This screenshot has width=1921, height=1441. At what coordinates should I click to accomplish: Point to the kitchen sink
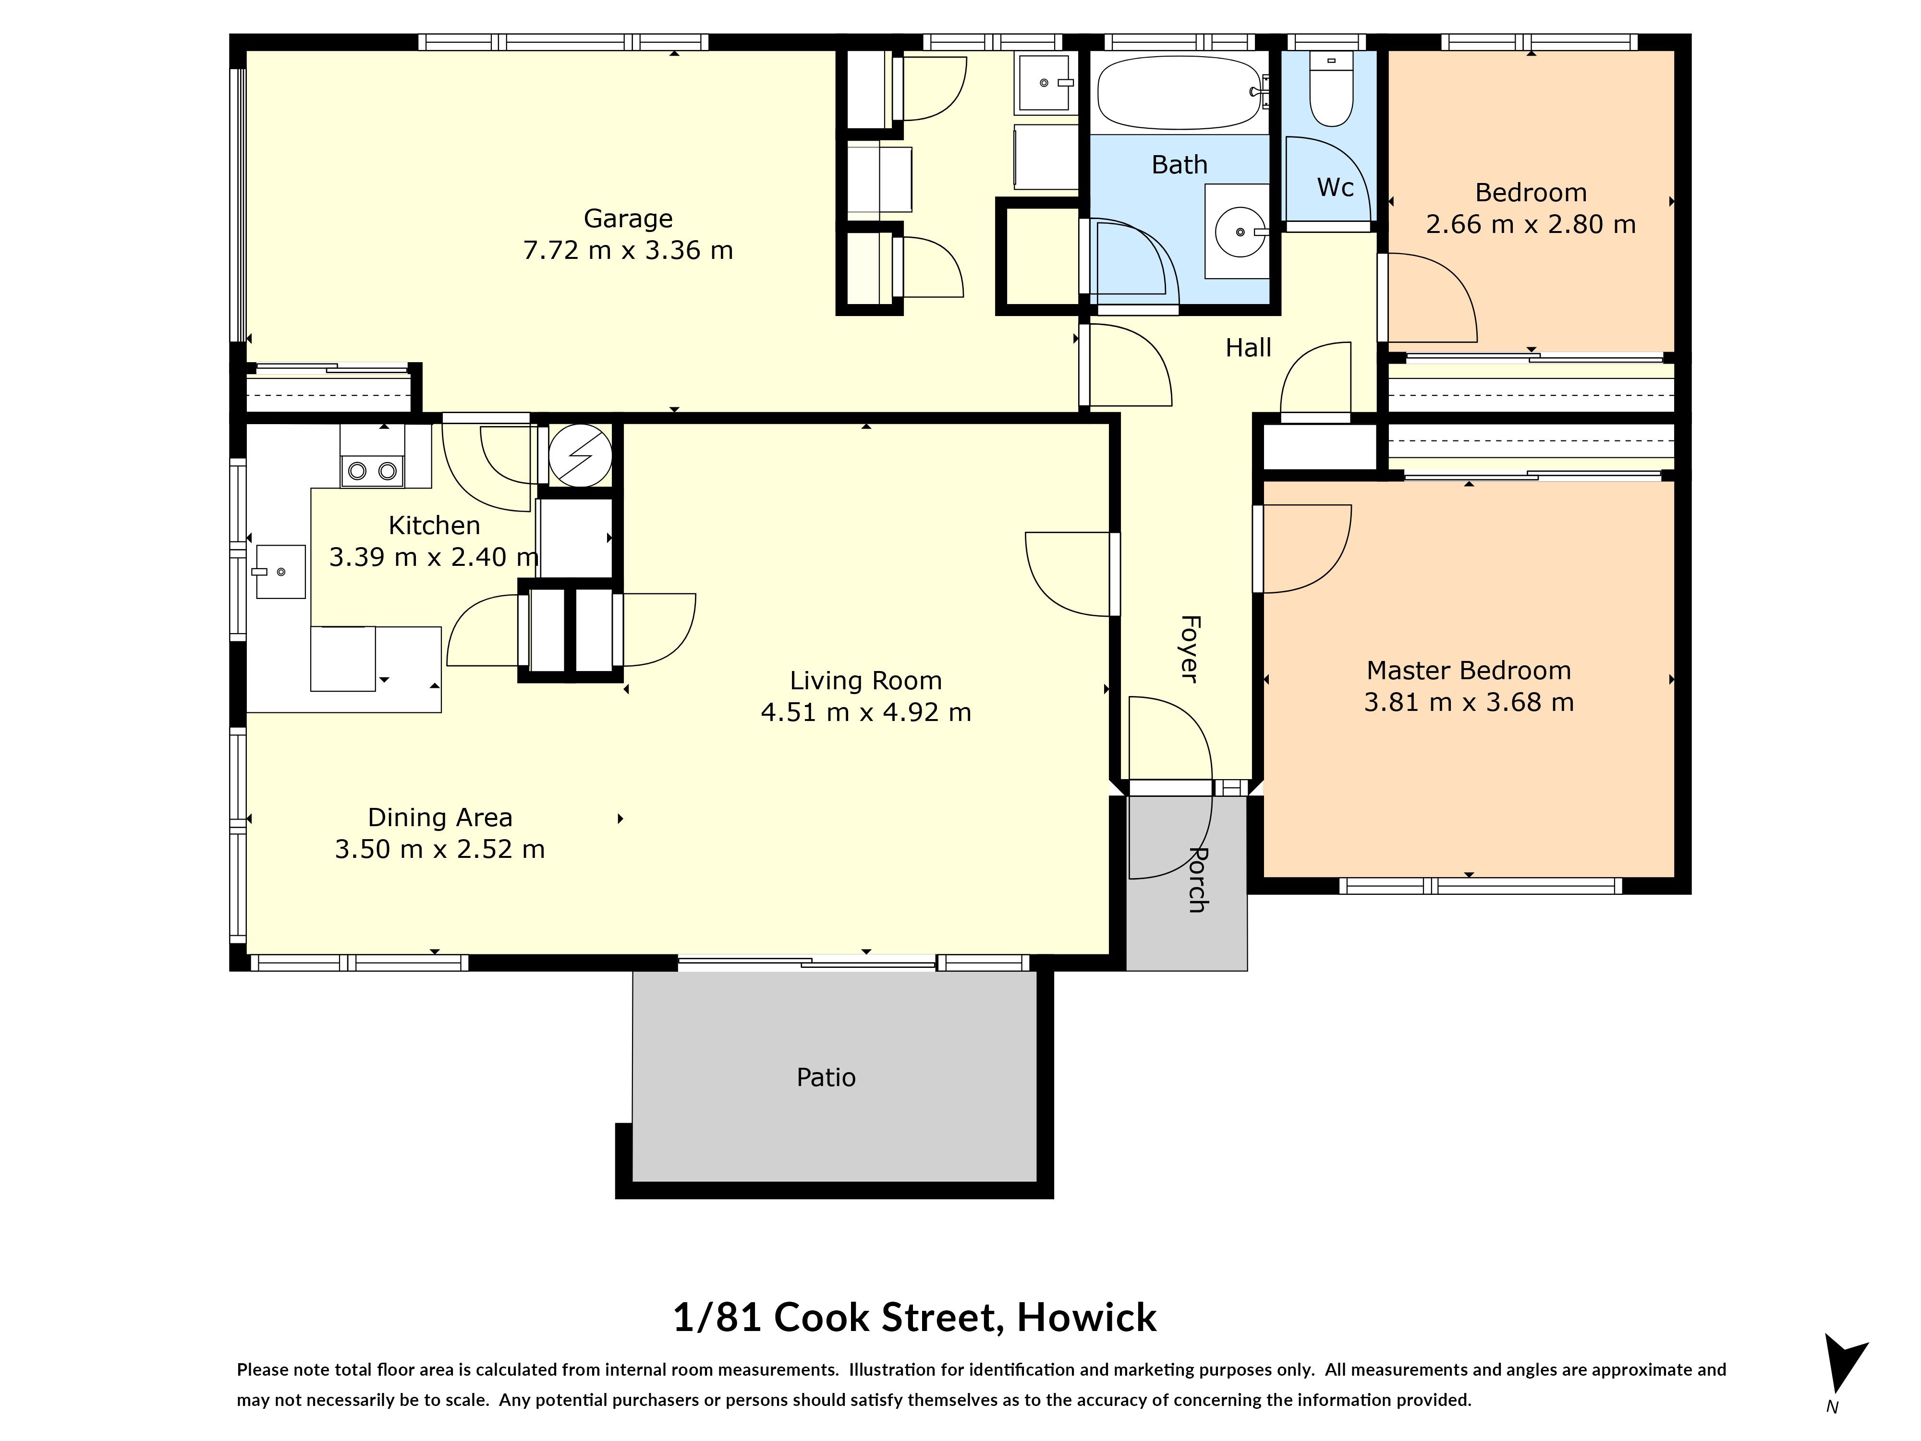pos(280,572)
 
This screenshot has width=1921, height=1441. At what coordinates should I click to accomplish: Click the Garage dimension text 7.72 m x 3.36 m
pos(628,250)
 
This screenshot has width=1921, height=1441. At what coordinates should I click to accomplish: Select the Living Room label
pos(866,680)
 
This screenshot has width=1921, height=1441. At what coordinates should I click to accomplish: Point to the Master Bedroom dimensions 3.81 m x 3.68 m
pos(1469,702)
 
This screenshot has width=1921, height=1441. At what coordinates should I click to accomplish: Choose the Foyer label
pos(1190,648)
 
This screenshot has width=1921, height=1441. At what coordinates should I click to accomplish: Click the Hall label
pos(1248,347)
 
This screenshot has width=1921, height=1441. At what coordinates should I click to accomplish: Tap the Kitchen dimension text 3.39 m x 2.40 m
pos(433,557)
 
